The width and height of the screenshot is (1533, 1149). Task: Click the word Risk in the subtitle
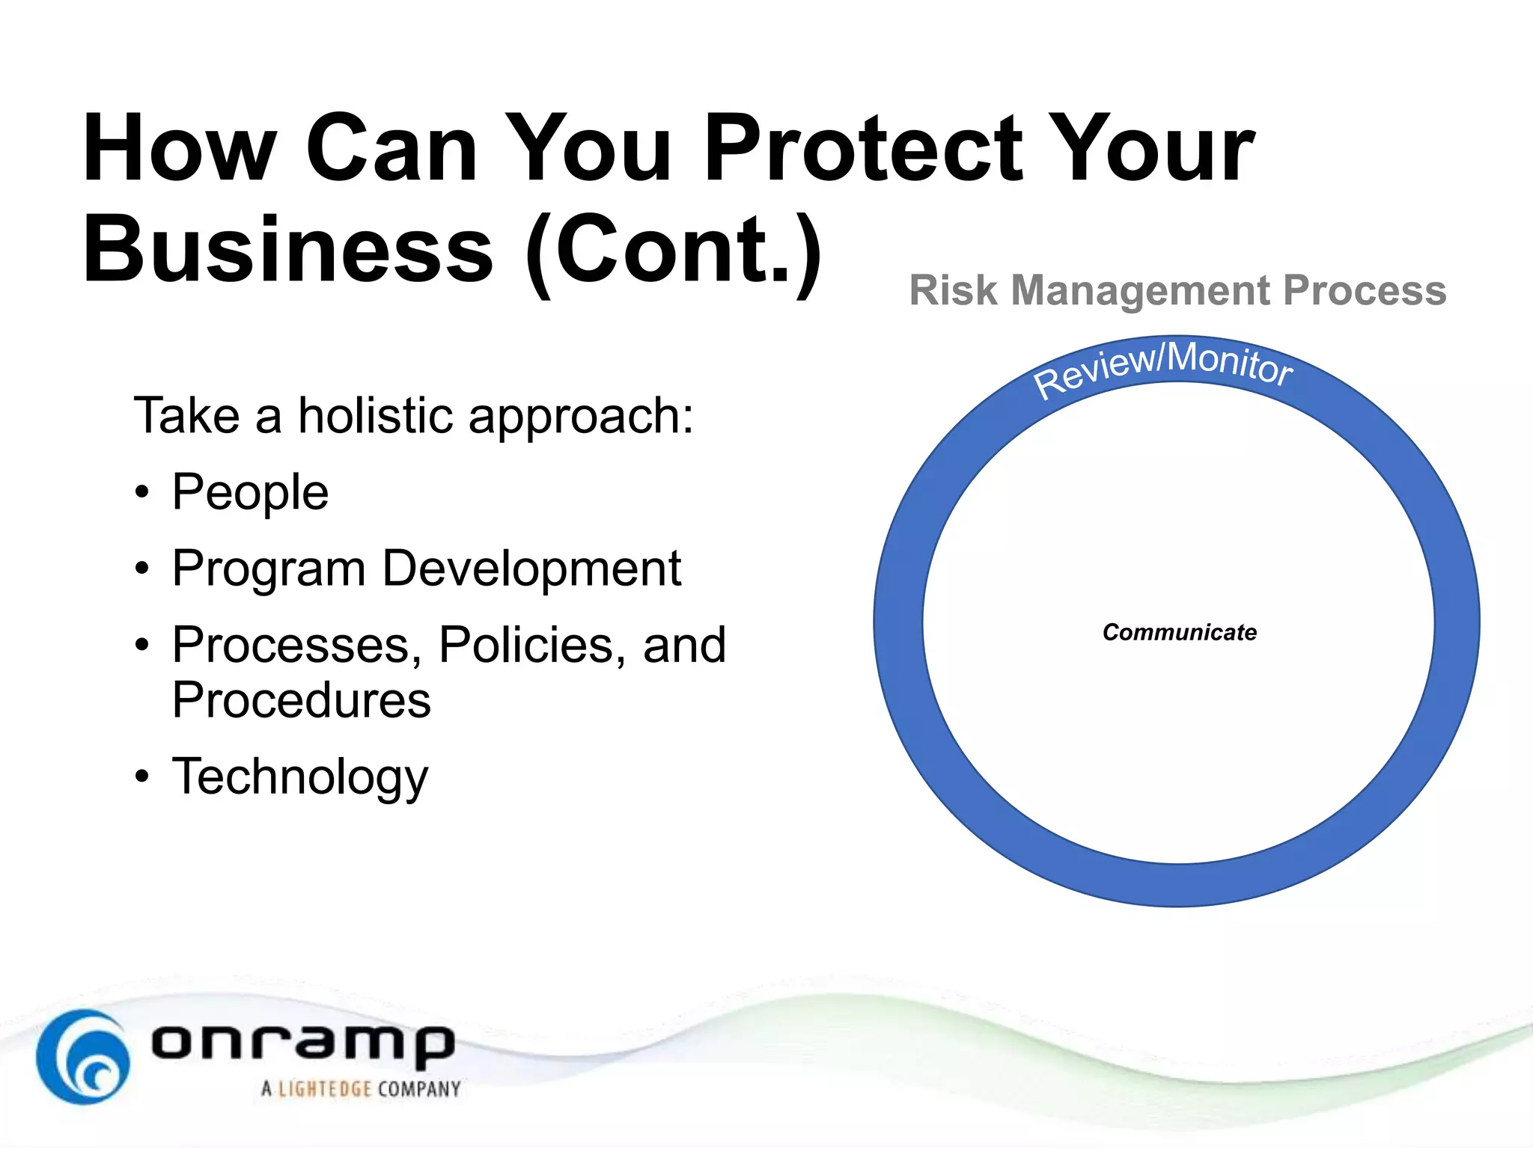[953, 290]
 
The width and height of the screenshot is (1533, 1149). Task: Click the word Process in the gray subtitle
[1364, 290]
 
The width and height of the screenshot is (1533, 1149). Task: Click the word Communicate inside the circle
[1179, 632]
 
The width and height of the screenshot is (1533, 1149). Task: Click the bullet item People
[250, 493]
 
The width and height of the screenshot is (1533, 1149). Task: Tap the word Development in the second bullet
[531, 569]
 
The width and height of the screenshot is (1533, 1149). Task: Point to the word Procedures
[301, 700]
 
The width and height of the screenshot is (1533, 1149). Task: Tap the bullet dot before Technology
[142, 777]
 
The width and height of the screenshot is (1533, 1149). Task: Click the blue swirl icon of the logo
[82, 1056]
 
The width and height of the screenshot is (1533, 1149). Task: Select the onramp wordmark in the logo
[303, 1043]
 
